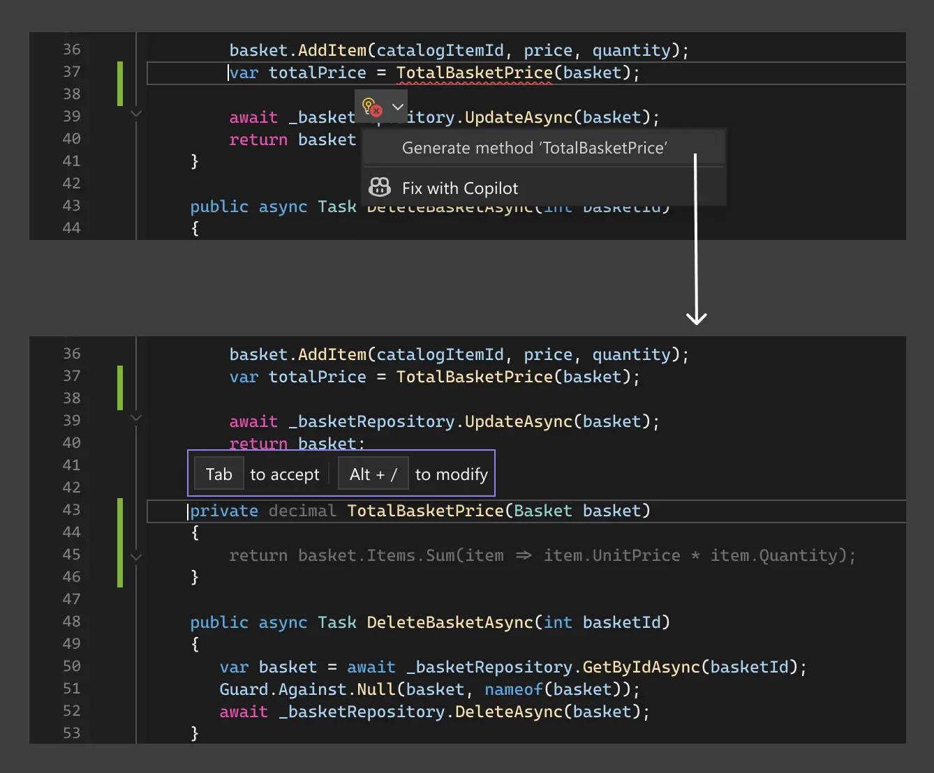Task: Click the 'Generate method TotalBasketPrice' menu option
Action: tap(534, 148)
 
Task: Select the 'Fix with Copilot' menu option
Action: tap(460, 188)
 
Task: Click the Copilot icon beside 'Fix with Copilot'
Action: tap(380, 187)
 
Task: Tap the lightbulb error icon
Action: tap(371, 107)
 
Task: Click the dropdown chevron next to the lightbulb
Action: tap(398, 107)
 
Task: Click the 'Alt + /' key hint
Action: tap(373, 474)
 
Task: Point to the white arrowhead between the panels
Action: tap(696, 318)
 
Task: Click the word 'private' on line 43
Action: tap(224, 511)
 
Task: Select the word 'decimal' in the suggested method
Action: tap(302, 511)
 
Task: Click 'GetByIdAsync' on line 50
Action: tap(641, 667)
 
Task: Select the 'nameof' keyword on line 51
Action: tap(513, 689)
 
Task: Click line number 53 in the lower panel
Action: tap(71, 733)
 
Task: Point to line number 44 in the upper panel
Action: tap(71, 227)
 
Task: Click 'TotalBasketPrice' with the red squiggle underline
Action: tap(474, 73)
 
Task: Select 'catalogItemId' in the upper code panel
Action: tap(440, 50)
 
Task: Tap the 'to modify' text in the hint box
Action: tap(451, 474)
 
